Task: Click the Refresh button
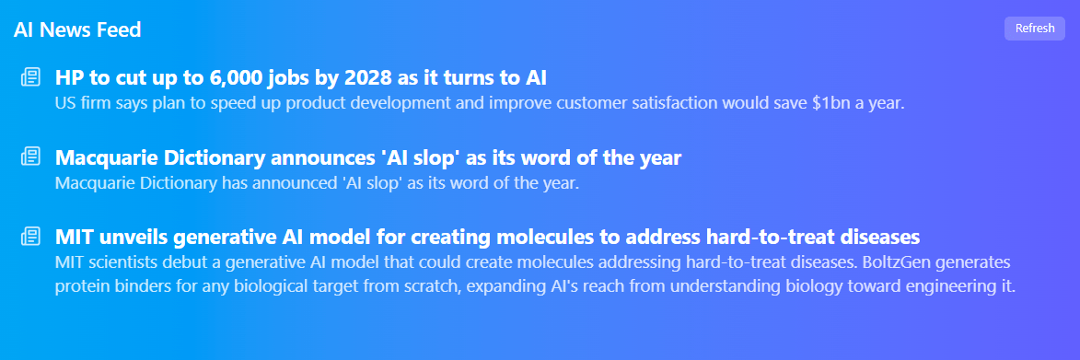coord(1034,29)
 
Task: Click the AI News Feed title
coord(77,29)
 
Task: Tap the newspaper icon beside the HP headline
coord(30,77)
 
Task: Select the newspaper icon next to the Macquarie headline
coord(30,157)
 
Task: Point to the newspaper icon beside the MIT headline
coord(30,237)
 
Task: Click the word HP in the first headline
coord(70,77)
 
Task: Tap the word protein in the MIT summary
coord(82,286)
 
